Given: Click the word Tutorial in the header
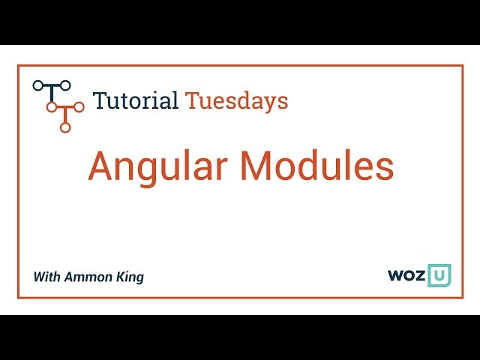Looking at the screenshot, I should coord(135,100).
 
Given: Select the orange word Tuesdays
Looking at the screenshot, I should coord(236,101).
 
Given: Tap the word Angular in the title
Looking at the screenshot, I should coord(159,166).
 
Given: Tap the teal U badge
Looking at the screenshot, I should coord(439,275).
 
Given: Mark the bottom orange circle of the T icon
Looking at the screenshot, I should coord(65,127).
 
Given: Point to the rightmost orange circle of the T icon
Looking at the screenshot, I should coord(79,107).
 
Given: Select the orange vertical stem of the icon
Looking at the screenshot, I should coord(65,117).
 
